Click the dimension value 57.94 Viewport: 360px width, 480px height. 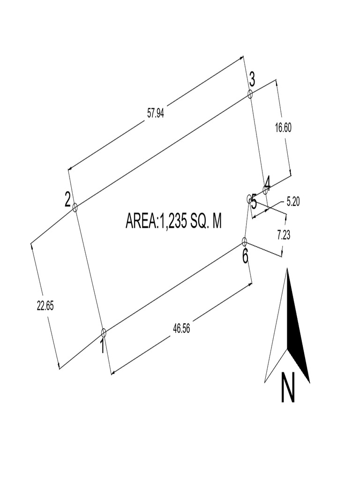(x=156, y=113)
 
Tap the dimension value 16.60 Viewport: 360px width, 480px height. (x=283, y=127)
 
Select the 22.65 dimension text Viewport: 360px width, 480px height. (x=45, y=305)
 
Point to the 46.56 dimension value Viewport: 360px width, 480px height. (x=181, y=329)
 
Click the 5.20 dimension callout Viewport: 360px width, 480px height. (x=292, y=202)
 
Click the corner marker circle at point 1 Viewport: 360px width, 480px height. (x=104, y=333)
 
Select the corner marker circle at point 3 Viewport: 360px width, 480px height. (x=250, y=94)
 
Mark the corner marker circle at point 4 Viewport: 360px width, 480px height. (x=265, y=190)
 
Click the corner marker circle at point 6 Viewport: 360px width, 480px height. (x=244, y=241)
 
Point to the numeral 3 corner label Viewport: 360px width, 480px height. (x=252, y=80)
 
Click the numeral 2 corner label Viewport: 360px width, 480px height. (x=68, y=201)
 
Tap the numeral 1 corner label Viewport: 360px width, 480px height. (x=102, y=347)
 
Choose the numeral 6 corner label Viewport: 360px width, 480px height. (x=246, y=256)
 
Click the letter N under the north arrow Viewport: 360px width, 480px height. (x=288, y=388)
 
